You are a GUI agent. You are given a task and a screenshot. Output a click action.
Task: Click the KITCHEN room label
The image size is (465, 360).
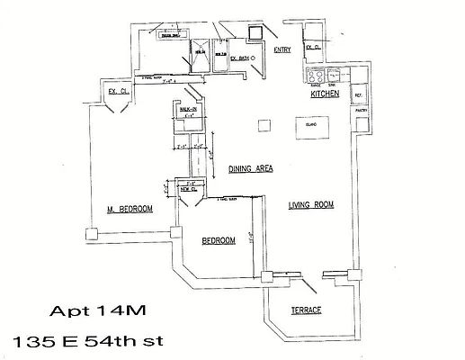(324, 94)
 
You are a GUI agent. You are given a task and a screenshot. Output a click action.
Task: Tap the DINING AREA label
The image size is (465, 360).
(250, 168)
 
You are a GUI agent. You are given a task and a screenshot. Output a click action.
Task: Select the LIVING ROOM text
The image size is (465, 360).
(310, 205)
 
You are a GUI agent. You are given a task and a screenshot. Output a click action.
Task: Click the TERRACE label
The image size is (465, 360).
(307, 310)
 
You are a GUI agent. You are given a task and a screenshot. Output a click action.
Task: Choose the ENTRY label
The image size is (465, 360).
(282, 49)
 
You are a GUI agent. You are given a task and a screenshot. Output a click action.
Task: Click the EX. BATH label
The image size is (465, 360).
(239, 58)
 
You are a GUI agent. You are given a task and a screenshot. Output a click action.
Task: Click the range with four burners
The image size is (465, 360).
(316, 76)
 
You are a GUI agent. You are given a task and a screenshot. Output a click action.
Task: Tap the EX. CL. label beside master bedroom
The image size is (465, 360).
(116, 91)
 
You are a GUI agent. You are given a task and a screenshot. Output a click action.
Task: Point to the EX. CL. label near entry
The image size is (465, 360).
(314, 47)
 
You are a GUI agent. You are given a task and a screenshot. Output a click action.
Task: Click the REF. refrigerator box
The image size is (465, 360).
(358, 95)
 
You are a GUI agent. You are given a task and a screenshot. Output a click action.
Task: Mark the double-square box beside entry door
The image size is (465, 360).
(256, 34)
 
